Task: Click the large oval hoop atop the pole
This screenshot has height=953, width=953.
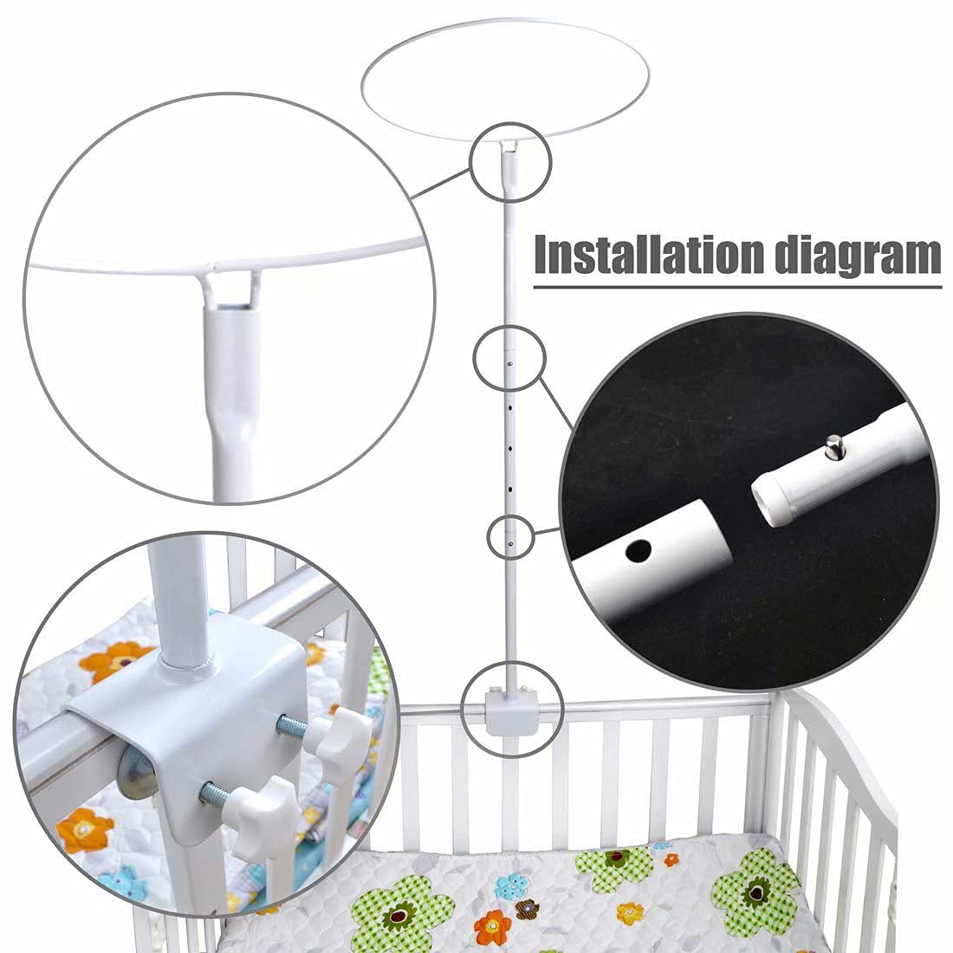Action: [x=506, y=91]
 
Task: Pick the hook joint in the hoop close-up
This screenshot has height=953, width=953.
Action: [x=230, y=286]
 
